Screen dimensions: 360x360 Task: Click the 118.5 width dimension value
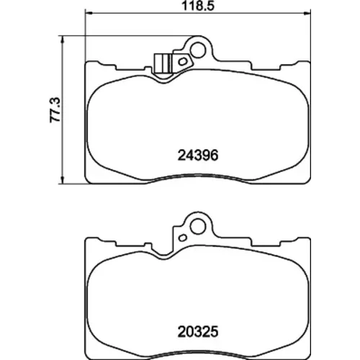197,6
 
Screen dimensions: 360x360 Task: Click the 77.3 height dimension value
55,110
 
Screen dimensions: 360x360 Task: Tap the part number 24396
198,156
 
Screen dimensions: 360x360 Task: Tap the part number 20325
198,332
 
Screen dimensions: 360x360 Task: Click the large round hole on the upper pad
198,50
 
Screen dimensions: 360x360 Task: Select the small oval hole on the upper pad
183,62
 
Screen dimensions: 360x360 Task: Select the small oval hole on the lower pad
183,238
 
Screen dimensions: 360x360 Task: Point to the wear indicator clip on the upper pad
162,63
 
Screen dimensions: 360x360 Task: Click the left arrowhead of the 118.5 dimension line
89,13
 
